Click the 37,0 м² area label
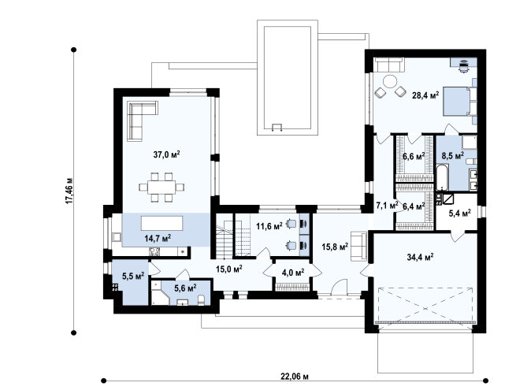point(166,154)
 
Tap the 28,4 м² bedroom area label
point(425,95)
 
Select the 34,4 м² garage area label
point(420,257)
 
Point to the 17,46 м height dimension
point(69,191)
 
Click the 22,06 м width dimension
point(295,376)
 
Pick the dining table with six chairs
point(161,187)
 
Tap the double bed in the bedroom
point(458,102)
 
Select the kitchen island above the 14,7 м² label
point(162,223)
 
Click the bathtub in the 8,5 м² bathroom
point(442,178)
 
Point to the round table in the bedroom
point(390,81)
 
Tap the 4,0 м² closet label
point(292,273)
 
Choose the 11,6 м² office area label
point(269,226)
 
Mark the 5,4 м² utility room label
point(460,213)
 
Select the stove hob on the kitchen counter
point(154,252)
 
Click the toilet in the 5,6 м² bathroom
point(202,299)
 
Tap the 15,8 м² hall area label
point(335,247)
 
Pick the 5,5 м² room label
point(133,276)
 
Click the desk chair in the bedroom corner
point(464,67)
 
